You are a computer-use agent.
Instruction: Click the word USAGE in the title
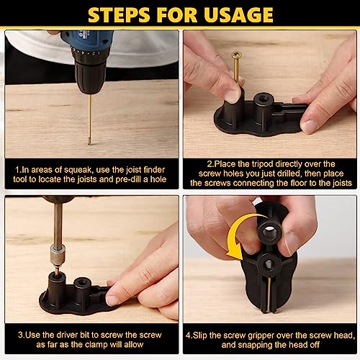tap(237, 14)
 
